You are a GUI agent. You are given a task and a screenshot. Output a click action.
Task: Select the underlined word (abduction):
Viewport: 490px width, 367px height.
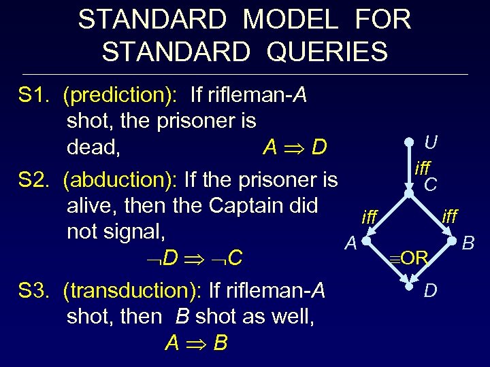(120, 180)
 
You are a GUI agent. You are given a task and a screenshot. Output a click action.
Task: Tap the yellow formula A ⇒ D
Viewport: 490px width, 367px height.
(295, 147)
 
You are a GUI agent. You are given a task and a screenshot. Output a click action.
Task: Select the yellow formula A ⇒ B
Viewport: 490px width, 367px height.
(196, 343)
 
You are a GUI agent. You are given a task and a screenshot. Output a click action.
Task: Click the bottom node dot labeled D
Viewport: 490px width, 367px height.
(410, 290)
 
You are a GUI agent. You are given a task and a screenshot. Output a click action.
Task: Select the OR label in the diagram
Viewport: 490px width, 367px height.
(410, 258)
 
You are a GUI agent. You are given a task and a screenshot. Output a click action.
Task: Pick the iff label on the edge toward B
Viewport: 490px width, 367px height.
(450, 216)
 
